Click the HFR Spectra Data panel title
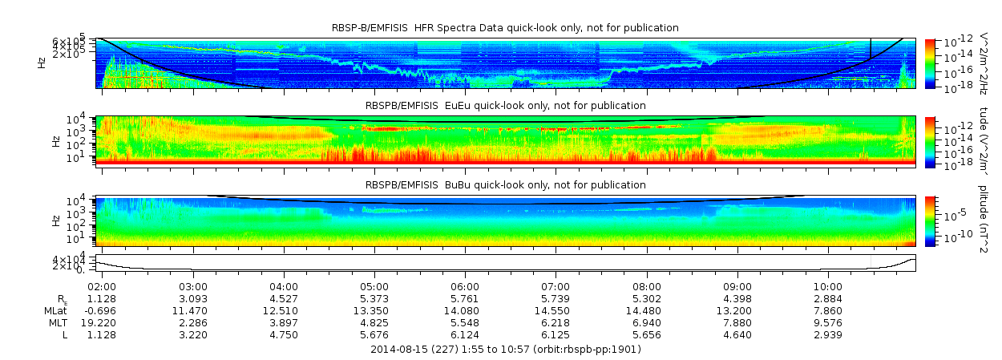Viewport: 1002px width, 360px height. point(505,28)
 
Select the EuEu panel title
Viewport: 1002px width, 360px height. point(505,105)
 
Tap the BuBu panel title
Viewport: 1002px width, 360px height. point(505,185)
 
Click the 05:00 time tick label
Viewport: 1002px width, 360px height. point(374,286)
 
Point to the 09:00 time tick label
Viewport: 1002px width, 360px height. point(737,286)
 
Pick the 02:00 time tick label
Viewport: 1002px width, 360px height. point(102,286)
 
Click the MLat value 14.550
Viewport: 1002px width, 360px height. point(556,309)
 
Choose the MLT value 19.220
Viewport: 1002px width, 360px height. point(102,322)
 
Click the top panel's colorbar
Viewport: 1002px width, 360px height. point(930,63)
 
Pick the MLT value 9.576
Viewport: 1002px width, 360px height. point(828,322)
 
